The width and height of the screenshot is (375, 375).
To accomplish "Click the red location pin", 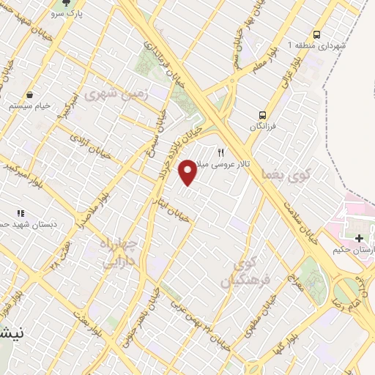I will (x=188, y=173).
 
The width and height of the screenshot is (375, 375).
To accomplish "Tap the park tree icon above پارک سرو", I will (x=67, y=3).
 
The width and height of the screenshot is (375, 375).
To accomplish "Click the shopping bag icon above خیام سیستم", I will (x=29, y=94).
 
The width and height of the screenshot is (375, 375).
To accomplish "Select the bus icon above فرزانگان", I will (x=261, y=114).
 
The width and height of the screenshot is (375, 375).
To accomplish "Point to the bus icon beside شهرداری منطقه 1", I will (x=316, y=34).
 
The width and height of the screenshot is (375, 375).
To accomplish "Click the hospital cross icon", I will (x=359, y=239).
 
